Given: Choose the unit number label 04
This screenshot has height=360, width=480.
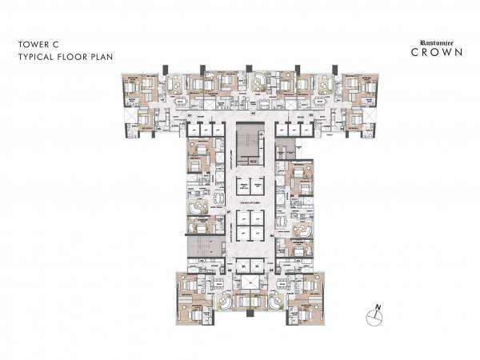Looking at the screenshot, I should pyautogui.click(x=272, y=236).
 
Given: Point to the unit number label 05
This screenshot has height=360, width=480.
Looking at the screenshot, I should pyautogui.click(x=272, y=270).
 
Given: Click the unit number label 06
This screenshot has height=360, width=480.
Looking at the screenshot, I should pyautogui.click(x=228, y=270).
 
